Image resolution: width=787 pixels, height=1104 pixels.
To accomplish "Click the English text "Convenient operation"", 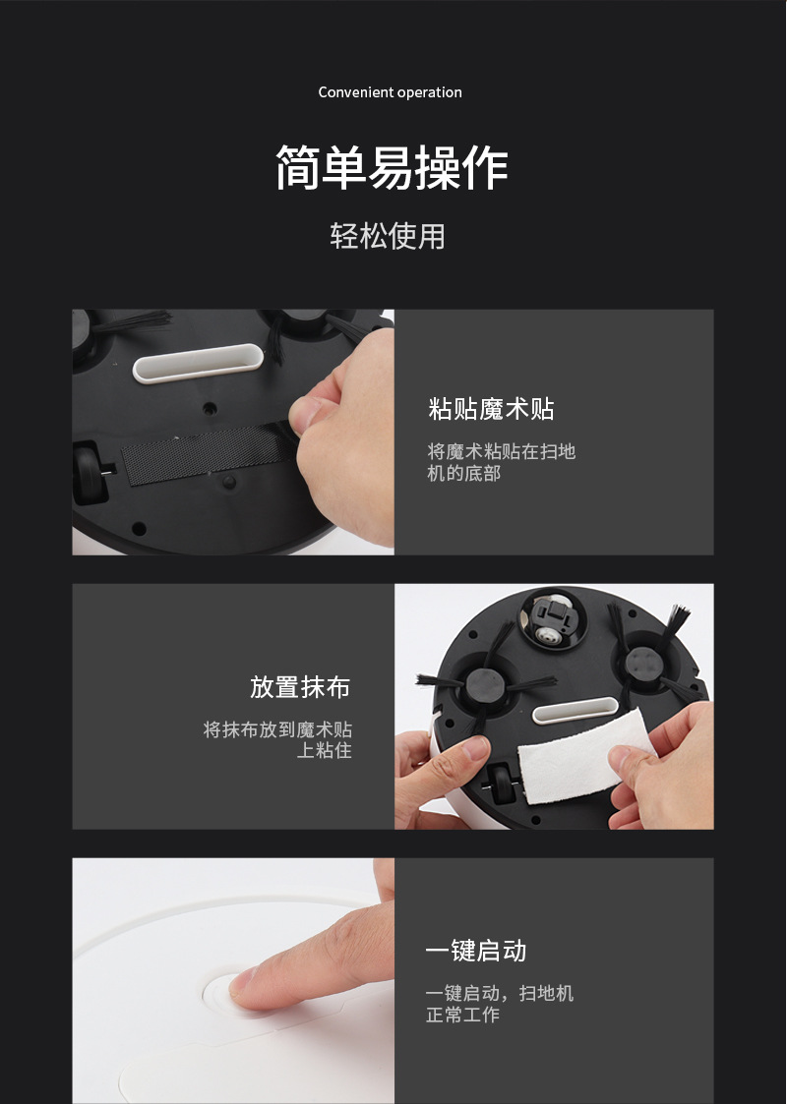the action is point(390,92).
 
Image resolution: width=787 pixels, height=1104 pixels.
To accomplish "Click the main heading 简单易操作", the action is point(392,167).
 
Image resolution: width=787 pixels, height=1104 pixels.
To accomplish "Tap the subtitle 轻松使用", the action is point(388,236).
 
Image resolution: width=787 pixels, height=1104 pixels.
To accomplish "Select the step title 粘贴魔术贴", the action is point(491,408).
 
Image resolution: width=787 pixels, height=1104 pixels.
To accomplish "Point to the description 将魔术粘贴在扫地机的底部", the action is point(501,462).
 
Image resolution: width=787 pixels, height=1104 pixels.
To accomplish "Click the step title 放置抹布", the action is point(299,687).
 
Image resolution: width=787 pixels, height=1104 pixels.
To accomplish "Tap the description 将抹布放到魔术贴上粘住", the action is point(277,739).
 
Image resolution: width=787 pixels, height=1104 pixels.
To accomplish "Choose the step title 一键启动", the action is point(475,951).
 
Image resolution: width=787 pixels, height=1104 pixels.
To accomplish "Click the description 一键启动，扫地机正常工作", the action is point(500,1004).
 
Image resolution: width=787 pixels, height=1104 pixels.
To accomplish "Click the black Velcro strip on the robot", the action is point(209,454).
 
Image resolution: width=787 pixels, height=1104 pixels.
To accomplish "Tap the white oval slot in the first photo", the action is point(198,364).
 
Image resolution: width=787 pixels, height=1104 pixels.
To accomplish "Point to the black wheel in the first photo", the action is point(91,473).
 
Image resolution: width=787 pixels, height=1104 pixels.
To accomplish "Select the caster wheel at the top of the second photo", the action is point(553,619).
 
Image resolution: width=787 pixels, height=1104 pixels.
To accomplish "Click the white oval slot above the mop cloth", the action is point(575,711).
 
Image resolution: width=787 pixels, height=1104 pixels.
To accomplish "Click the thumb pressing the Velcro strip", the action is point(314,412).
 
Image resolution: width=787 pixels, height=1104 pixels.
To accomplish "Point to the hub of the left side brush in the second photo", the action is point(485,686).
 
